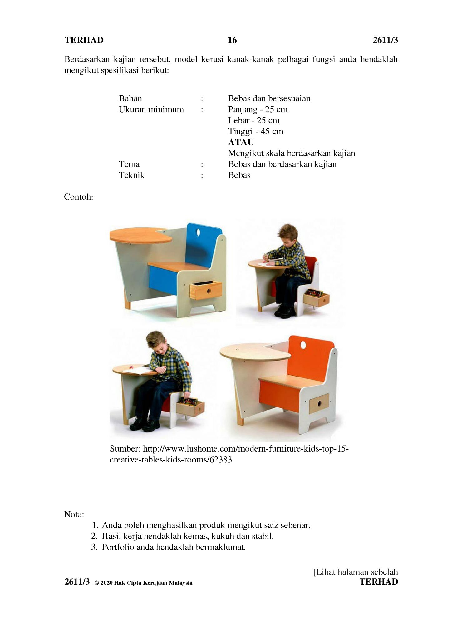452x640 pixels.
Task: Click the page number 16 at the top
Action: pos(232,40)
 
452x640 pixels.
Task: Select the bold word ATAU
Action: pos(241,142)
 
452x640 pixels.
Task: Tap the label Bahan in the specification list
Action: pos(130,98)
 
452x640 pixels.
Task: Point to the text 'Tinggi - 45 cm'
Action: pos(256,131)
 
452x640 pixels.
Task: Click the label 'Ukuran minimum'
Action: pos(151,109)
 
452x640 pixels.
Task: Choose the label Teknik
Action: pos(131,175)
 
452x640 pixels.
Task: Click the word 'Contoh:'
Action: pos(78,197)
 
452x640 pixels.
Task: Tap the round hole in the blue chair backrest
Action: pos(198,232)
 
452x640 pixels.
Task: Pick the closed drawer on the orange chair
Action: pos(319,404)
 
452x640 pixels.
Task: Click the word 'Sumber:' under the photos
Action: pos(125,449)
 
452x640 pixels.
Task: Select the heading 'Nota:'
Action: pos(74,514)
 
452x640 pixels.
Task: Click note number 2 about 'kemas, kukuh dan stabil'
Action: pos(187,536)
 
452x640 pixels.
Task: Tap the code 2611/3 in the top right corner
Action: pos(385,40)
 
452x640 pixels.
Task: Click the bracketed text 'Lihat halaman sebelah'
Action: pos(356,572)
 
